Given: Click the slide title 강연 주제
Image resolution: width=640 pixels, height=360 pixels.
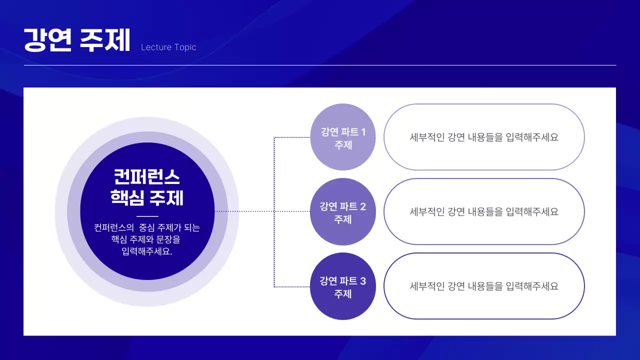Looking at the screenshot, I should (77, 40).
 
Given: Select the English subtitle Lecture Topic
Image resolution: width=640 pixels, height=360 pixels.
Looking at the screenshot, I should (168, 47).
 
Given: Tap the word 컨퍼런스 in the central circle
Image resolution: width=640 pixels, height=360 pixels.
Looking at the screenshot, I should (147, 177).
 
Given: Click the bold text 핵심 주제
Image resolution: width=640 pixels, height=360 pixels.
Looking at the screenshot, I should (147, 197).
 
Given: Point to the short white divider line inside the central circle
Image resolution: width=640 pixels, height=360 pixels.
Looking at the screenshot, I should (147, 216).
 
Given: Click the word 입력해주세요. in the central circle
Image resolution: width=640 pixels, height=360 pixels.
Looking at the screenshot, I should (147, 251).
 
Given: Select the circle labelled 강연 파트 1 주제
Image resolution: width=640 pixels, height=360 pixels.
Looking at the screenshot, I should (343, 136).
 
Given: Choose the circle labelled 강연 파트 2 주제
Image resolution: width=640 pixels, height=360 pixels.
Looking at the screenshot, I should (343, 211).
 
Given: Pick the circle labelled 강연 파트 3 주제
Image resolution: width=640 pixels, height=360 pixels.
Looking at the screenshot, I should (343, 286).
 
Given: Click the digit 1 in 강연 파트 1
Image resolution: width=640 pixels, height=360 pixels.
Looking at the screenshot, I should (363, 132).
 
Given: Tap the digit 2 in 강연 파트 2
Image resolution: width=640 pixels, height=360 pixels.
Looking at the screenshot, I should (363, 206).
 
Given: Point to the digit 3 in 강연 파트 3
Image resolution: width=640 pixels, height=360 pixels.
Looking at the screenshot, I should (363, 281).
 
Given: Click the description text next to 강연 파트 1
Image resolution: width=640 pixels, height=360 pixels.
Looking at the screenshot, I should (483, 137).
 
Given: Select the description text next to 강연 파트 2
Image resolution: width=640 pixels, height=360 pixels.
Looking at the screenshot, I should (483, 211).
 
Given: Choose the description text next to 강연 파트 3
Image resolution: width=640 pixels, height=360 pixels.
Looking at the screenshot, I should (483, 286).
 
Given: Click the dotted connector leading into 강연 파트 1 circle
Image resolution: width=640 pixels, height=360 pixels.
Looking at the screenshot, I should (292, 137).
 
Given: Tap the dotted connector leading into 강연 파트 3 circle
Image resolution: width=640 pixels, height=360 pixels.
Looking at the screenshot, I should (292, 286).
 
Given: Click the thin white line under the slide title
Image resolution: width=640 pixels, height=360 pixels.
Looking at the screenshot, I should (320, 65).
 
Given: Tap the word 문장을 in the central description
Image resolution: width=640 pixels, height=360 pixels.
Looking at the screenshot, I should (169, 239).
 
